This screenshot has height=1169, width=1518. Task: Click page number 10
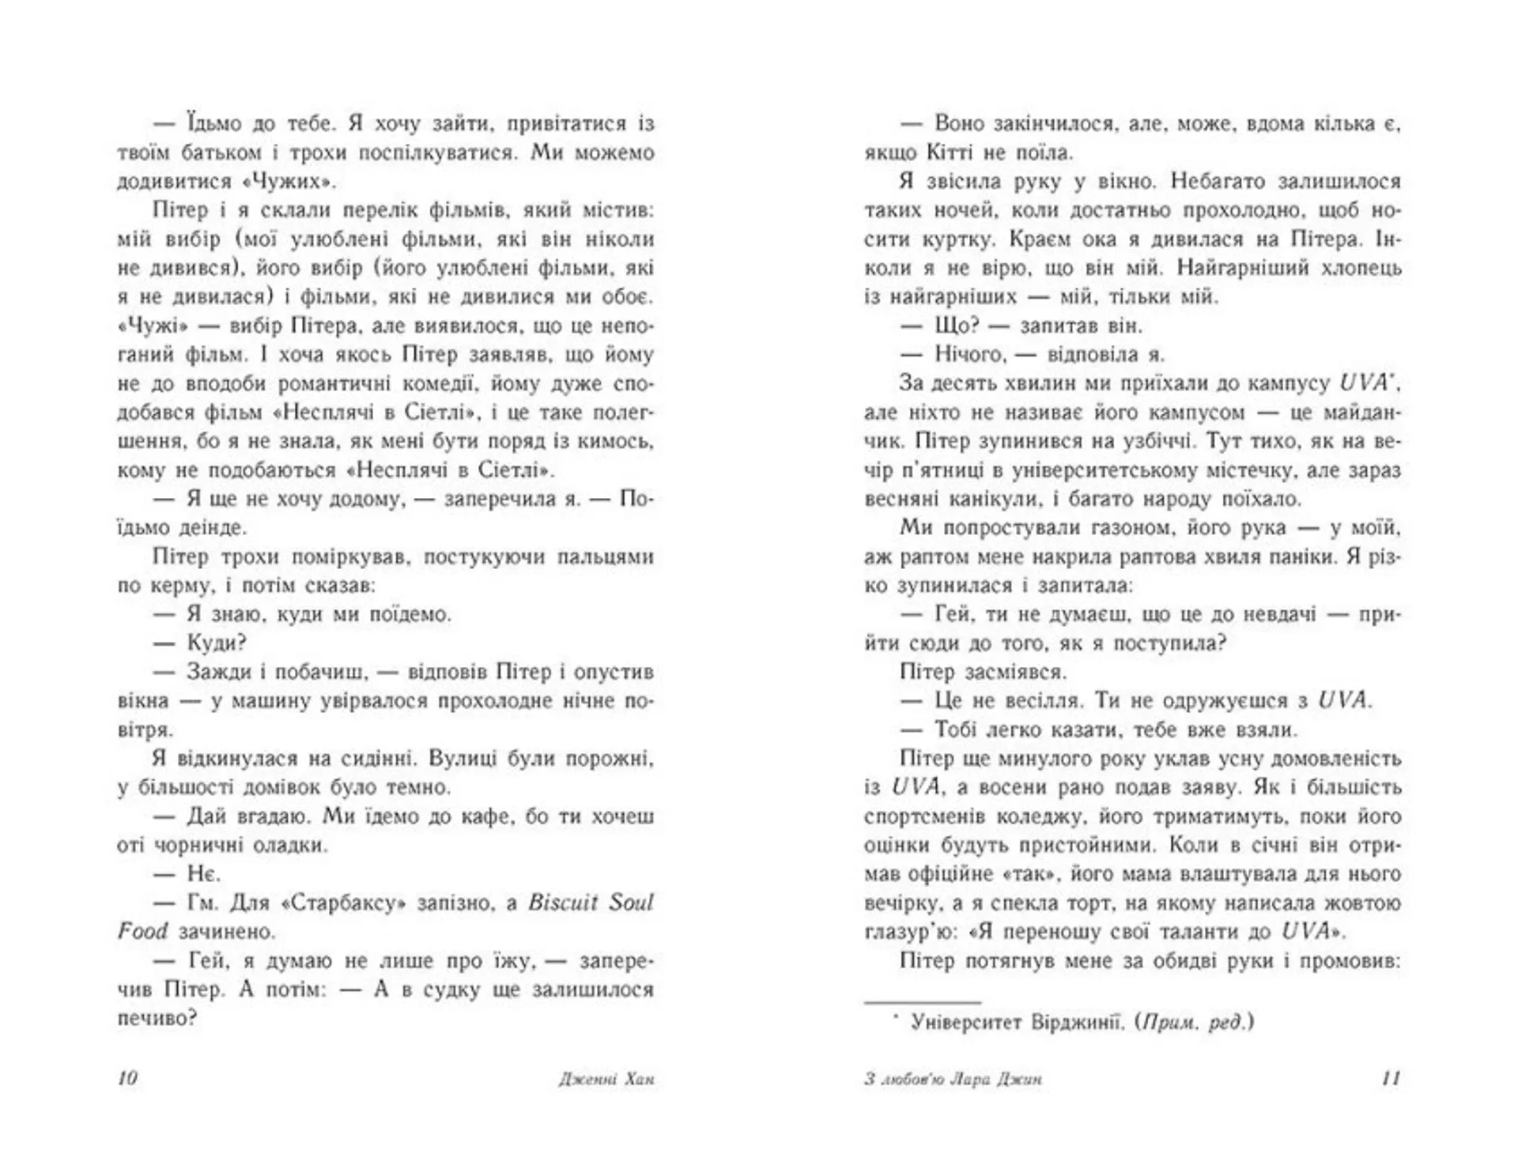[x=127, y=1078]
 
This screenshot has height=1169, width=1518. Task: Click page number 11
[x=1390, y=1078]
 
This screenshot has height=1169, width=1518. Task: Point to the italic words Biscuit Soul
[x=591, y=903]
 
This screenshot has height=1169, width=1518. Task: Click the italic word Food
[x=142, y=931]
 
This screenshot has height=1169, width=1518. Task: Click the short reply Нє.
[x=204, y=873]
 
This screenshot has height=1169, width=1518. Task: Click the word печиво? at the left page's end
[x=157, y=1018]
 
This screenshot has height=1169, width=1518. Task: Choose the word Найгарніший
[x=1240, y=268]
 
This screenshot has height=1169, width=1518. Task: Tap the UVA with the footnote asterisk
[x=1364, y=383]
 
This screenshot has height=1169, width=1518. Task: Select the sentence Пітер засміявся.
[x=983, y=672]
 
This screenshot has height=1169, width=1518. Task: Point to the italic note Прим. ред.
[x=1194, y=1023]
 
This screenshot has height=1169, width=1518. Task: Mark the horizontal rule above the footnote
[x=922, y=1001]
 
